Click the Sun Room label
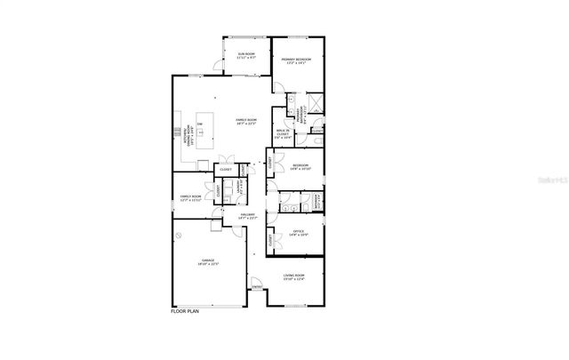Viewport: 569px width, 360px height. click(x=246, y=56)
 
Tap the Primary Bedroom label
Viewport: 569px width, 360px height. click(x=297, y=61)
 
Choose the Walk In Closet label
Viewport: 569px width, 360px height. click(x=284, y=136)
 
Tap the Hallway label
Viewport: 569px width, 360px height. click(x=248, y=216)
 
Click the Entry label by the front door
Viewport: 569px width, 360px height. click(x=257, y=286)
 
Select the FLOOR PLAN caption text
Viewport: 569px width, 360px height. click(x=185, y=311)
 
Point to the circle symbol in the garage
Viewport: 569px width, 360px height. click(x=179, y=235)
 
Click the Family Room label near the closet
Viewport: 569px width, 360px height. click(x=190, y=197)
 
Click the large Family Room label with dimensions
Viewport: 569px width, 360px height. click(x=245, y=122)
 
